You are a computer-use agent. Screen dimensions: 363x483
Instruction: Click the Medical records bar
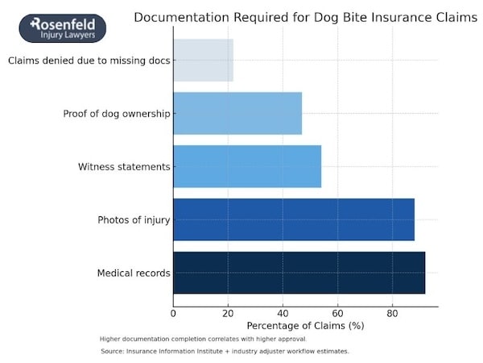(299, 273)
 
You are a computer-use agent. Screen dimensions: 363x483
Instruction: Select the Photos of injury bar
(294, 219)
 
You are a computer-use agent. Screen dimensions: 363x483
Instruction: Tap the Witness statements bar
(247, 166)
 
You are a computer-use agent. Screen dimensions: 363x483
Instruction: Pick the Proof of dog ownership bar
(237, 113)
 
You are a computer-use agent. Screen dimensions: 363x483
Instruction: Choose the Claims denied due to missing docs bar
(203, 60)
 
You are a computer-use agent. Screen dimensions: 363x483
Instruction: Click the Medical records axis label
(134, 273)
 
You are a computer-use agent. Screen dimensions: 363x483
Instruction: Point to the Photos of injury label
(134, 220)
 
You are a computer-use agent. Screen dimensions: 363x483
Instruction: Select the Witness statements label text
(124, 167)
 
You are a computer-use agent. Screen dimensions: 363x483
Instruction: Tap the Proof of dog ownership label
(117, 114)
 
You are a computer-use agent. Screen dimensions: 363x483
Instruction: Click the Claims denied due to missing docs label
(89, 60)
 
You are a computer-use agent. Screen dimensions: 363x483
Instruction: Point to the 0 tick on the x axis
(174, 313)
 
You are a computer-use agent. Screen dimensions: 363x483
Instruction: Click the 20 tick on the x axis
(228, 313)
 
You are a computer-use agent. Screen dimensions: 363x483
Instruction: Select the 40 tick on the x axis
(283, 313)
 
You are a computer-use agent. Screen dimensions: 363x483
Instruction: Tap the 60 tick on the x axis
(337, 313)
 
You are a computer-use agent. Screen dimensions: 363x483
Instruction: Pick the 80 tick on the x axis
(392, 313)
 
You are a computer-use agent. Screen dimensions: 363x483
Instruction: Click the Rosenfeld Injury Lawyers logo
(62, 28)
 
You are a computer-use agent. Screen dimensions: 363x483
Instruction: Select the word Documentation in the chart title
(180, 17)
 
